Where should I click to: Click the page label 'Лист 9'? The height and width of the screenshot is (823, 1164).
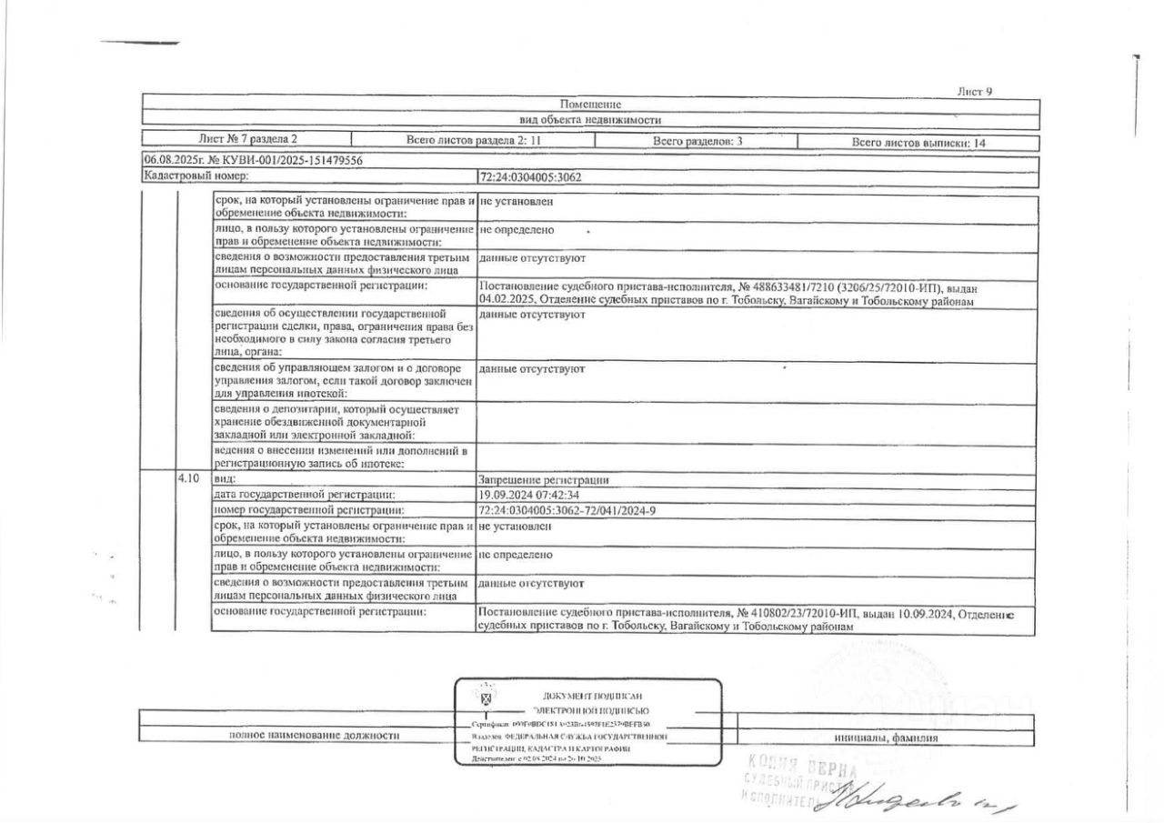pos(975,91)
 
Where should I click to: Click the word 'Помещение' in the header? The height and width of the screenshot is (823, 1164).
pos(590,105)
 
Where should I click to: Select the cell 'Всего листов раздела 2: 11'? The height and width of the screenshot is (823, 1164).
pos(471,141)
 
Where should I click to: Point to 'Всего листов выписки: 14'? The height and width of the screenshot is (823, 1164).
pos(918,143)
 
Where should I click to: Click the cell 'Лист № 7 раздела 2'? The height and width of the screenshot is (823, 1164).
pos(247,140)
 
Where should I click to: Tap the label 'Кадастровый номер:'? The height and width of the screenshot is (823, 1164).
pos(196,176)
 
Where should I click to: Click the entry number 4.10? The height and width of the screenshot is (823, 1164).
pos(188,478)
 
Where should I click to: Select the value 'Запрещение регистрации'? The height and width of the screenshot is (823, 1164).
pos(543,479)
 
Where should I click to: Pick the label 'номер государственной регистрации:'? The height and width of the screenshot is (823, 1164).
pos(308,511)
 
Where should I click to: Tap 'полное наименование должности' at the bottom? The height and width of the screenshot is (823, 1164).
pos(315,736)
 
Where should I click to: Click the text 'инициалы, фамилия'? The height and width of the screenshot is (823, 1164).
pos(886,738)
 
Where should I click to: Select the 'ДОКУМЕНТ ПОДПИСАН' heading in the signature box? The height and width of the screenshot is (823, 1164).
pos(592,696)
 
